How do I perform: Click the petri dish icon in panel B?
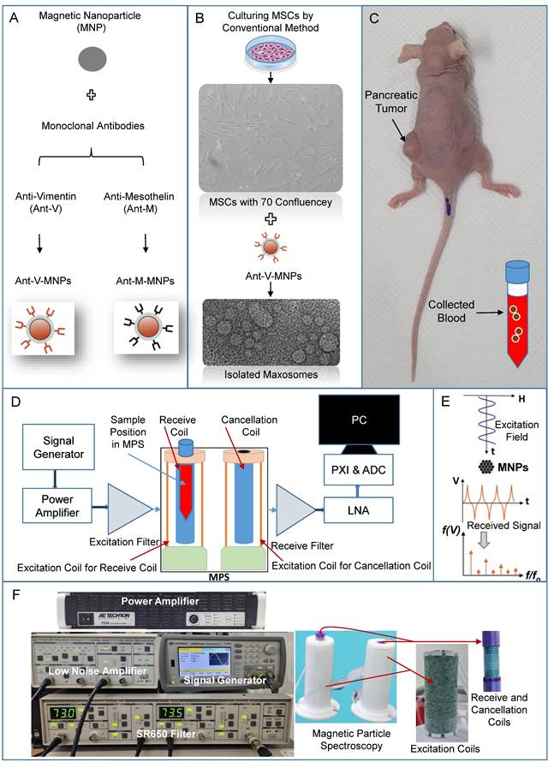tap(269, 52)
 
